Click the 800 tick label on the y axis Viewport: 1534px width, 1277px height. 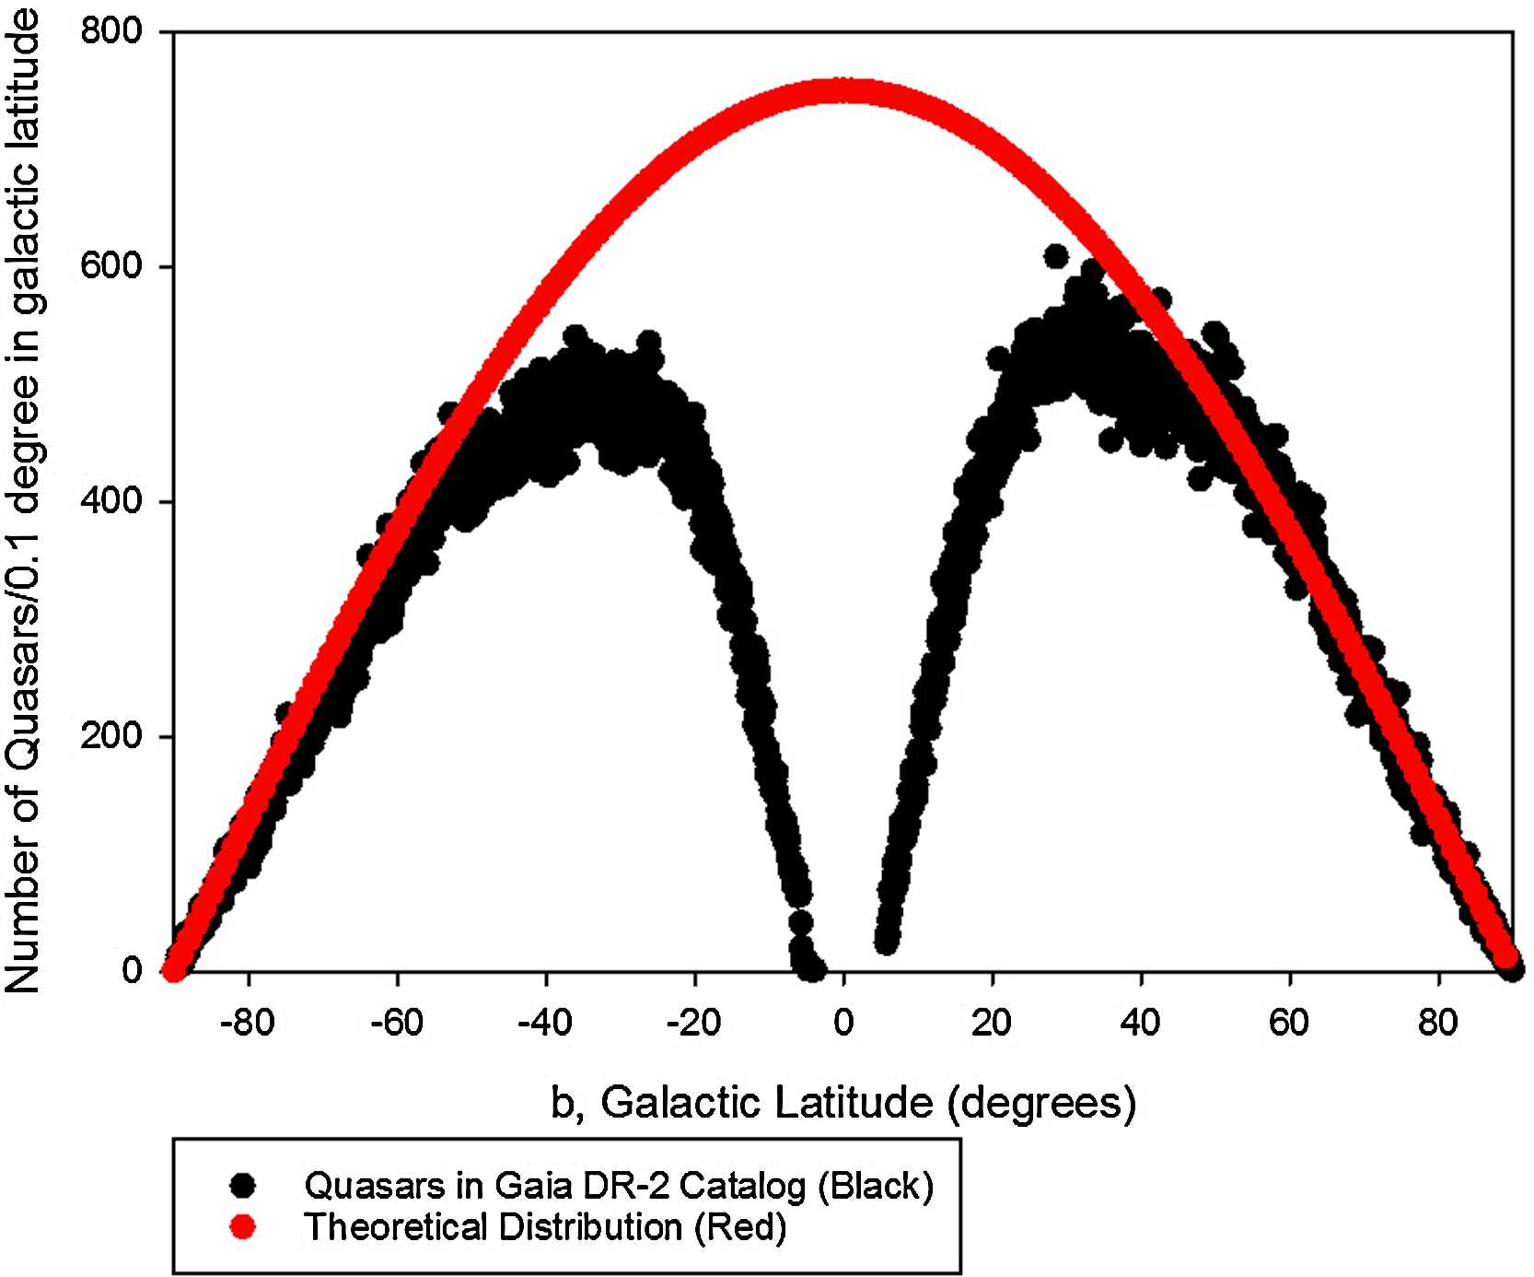110,32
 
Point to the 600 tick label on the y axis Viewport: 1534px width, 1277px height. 110,267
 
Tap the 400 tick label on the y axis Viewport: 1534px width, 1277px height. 110,502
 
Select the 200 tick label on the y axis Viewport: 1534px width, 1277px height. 110,737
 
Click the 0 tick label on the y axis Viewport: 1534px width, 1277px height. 132,971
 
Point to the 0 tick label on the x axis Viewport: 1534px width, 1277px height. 843,1023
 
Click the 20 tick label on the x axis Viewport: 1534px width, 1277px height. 992,1023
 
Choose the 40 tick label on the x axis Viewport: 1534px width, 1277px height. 1141,1023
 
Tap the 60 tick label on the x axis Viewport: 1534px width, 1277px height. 1289,1023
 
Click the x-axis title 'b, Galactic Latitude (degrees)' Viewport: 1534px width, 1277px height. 843,1102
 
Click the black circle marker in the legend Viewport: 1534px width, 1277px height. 243,1186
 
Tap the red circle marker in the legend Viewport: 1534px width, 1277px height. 243,1228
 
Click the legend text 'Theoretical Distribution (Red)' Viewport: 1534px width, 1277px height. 545,1228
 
